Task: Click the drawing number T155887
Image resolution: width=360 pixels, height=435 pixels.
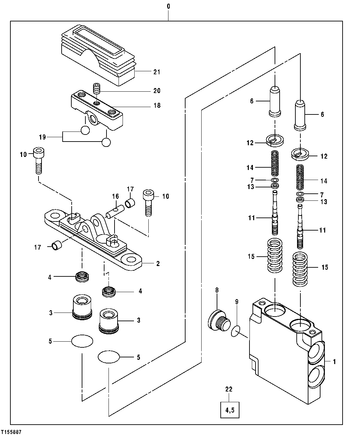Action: (11, 432)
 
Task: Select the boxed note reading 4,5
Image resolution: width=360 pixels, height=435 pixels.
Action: (230, 409)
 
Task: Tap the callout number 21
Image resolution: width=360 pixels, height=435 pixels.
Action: (157, 72)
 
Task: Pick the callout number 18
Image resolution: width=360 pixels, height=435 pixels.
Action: (157, 106)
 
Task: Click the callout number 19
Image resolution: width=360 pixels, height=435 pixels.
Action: (42, 137)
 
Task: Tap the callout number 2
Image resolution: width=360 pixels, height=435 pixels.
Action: (158, 264)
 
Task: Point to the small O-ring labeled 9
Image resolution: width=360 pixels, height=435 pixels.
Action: (236, 331)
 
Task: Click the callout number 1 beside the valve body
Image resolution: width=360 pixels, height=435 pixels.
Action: (334, 361)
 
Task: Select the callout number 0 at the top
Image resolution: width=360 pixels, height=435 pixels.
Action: (168, 6)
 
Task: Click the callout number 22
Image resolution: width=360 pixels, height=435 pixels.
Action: (229, 389)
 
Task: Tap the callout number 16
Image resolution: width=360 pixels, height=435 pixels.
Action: (116, 196)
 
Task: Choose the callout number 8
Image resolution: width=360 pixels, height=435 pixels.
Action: (217, 290)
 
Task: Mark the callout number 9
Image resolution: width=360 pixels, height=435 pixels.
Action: (236, 302)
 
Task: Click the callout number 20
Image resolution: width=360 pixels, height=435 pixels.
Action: (157, 91)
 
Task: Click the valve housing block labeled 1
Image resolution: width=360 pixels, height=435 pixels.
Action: (278, 348)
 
